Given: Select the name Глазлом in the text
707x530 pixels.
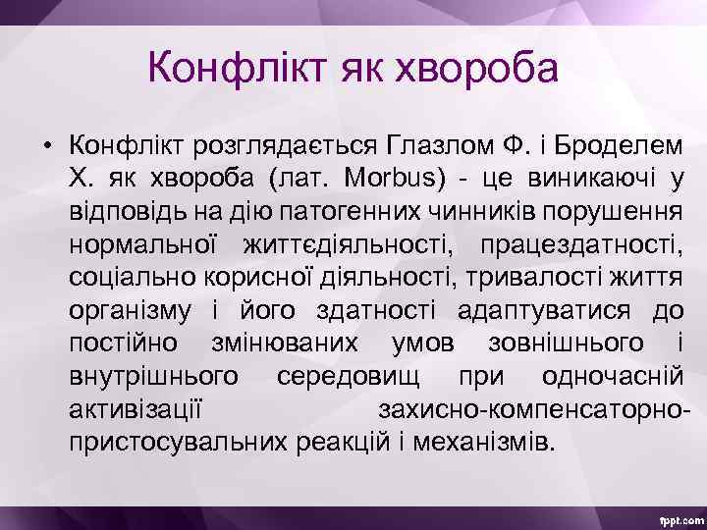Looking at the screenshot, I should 441,146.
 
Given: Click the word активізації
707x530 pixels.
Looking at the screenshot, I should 136,408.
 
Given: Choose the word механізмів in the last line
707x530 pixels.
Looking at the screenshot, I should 481,441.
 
